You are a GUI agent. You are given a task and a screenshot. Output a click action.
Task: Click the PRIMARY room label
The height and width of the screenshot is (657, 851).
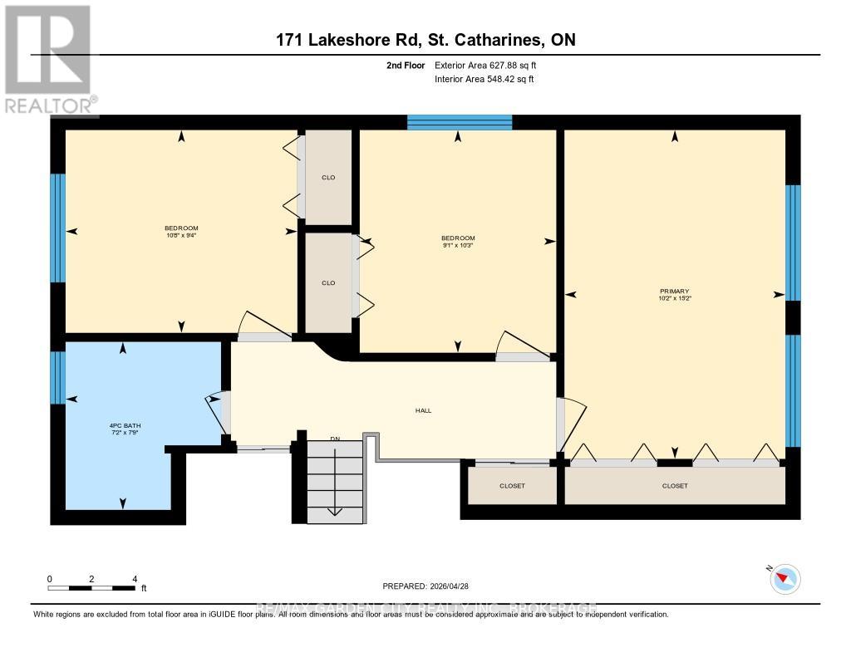674,291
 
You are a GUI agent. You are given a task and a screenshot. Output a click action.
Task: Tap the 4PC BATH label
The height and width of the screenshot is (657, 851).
122,428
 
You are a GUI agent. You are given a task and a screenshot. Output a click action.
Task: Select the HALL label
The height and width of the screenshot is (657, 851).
424,410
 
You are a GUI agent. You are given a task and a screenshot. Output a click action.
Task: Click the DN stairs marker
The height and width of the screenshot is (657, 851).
335,439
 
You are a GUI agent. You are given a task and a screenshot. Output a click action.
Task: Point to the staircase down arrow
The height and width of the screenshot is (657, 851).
335,508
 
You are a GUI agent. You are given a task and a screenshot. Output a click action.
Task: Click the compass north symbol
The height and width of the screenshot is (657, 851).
785,579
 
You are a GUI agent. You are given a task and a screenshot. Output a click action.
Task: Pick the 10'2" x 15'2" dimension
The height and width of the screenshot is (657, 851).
674,298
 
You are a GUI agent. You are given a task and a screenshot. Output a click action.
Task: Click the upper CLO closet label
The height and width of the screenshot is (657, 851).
328,178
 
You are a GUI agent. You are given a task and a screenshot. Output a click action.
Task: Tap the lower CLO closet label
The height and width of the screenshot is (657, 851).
328,283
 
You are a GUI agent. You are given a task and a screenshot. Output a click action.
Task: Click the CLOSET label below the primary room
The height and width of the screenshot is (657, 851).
675,486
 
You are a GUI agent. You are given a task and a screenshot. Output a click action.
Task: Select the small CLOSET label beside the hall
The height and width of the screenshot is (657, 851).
512,486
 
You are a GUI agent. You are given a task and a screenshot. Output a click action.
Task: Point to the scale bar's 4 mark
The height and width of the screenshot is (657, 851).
134,579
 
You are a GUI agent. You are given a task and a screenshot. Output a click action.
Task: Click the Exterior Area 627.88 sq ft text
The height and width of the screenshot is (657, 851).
491,65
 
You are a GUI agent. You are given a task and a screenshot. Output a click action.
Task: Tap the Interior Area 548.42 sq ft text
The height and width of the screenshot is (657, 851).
484,80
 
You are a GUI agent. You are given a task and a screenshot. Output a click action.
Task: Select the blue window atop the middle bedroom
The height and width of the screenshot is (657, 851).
460,122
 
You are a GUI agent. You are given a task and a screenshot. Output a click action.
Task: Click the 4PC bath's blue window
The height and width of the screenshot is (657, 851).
57,377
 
